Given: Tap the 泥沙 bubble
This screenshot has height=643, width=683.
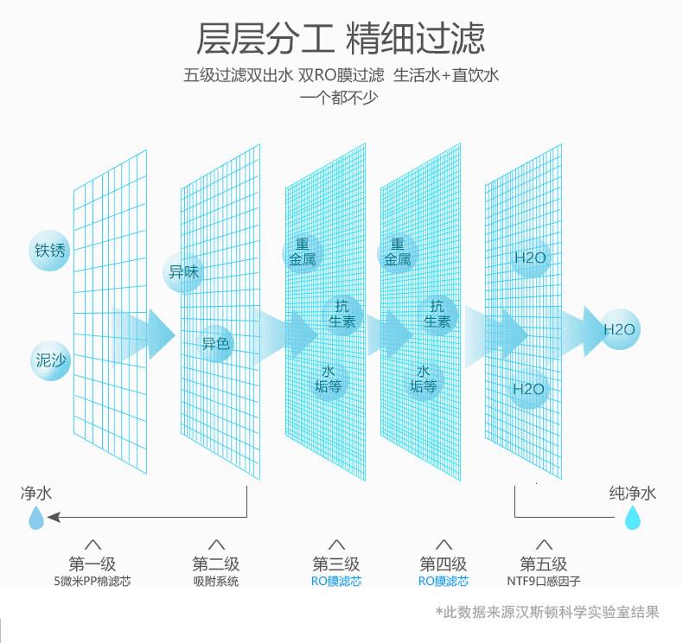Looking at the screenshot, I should (x=50, y=360).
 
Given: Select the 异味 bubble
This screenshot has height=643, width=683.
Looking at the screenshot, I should (x=183, y=272).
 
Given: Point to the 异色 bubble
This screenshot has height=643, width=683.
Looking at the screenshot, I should (x=216, y=344).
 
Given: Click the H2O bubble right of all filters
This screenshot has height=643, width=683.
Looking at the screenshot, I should (x=619, y=329).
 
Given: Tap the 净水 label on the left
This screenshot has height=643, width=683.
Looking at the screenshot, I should (x=36, y=493).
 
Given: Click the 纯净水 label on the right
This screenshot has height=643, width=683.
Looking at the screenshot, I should (x=632, y=493).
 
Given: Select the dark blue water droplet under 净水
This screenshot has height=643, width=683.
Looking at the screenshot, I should (x=35, y=518).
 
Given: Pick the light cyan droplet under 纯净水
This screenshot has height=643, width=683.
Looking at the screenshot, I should (x=633, y=518).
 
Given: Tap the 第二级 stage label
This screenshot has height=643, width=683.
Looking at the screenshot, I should (x=216, y=564).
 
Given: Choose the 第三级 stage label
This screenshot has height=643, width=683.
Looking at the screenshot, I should (x=336, y=564).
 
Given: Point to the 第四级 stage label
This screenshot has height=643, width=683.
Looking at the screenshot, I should (x=444, y=564).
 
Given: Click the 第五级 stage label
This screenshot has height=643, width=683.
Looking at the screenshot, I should (x=544, y=564).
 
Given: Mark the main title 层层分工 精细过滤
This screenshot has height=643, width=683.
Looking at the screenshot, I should (x=341, y=39).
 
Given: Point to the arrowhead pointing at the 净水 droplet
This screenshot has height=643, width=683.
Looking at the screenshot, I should (x=54, y=518).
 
